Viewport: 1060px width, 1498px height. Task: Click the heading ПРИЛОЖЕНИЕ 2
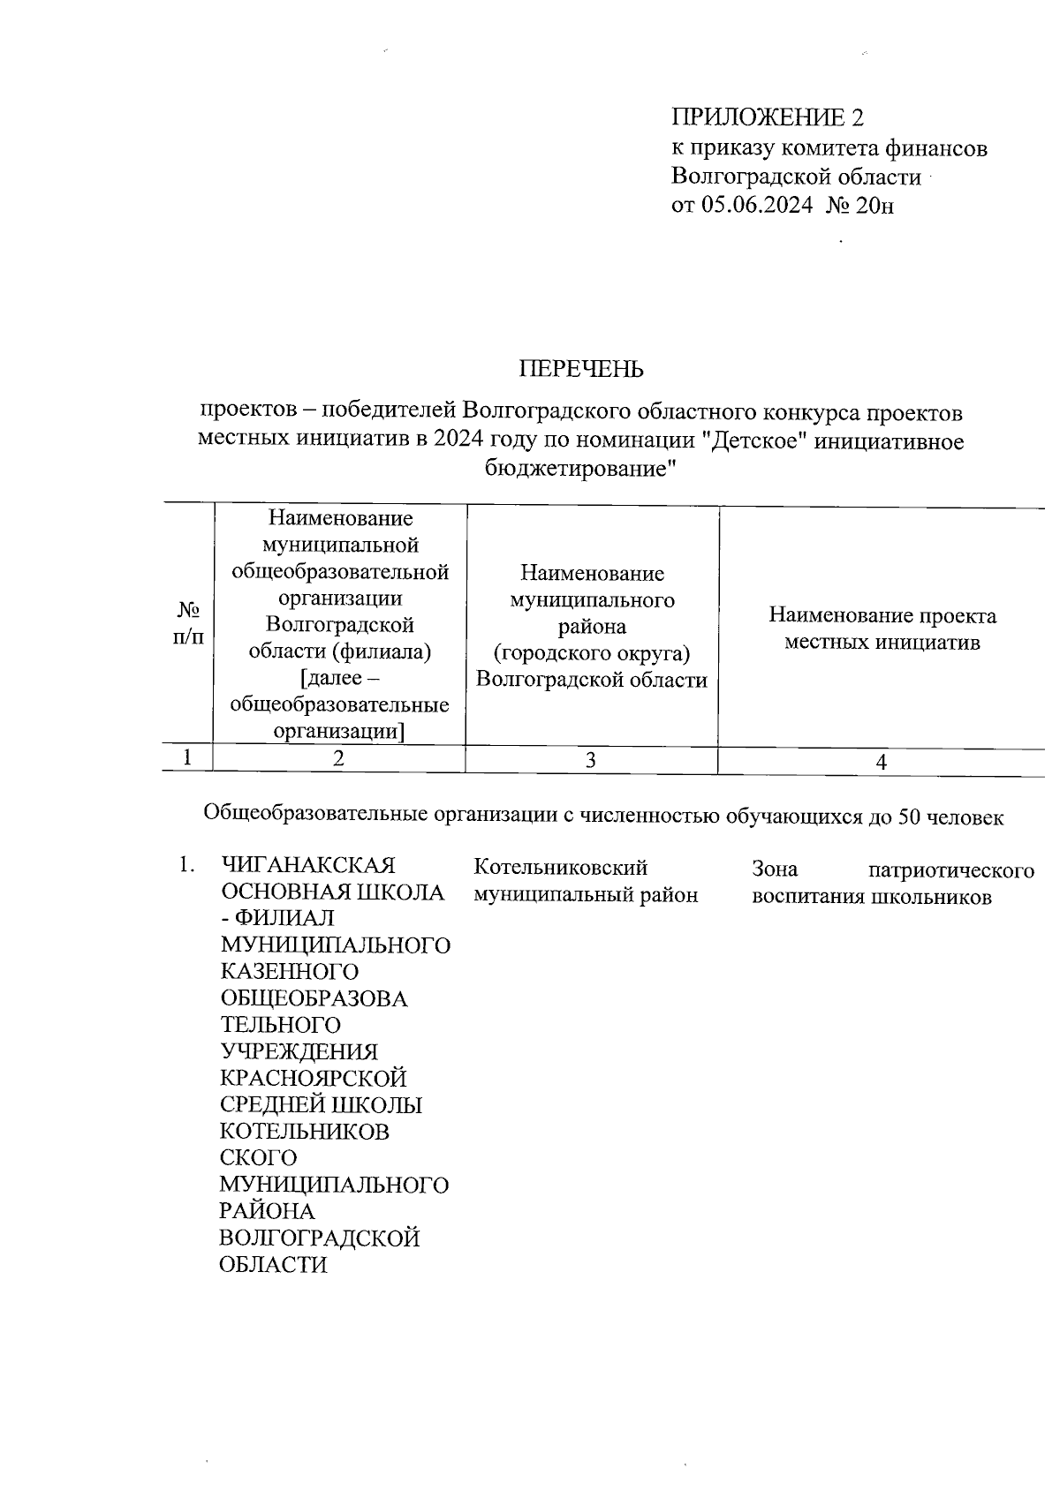767,117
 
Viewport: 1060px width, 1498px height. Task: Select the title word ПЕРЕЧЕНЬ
581,369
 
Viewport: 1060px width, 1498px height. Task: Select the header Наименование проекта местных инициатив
882,629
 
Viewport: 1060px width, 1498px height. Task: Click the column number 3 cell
591,760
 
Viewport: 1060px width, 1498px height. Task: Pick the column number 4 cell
881,762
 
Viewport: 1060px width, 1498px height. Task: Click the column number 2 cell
339,759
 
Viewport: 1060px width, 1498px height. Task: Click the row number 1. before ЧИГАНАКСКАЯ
185,865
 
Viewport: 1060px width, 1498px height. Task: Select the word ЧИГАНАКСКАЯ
307,866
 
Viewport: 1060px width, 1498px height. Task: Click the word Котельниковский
561,868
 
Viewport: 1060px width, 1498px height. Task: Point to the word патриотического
950,870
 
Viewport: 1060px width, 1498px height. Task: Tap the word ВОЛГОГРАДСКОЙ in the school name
319,1238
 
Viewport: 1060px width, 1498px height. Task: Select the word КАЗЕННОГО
289,972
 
